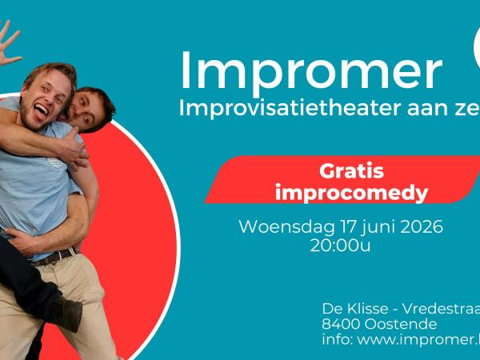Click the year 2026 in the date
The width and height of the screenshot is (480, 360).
click(417, 226)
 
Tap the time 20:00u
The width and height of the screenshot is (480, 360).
click(340, 246)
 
